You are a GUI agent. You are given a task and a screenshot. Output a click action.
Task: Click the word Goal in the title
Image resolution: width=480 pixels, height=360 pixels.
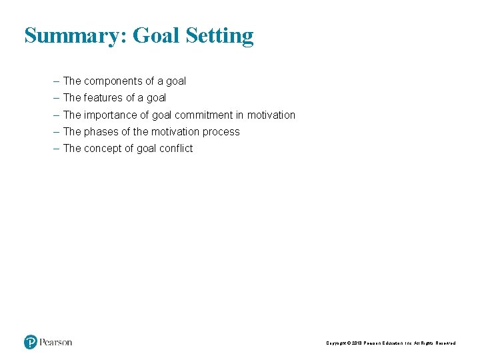pos(156,35)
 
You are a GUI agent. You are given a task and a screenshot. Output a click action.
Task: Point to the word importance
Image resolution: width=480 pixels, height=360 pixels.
pos(111,115)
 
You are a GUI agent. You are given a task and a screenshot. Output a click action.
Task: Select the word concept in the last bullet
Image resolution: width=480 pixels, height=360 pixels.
pos(103,149)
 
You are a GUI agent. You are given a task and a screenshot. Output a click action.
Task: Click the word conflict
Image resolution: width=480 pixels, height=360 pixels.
pos(175,148)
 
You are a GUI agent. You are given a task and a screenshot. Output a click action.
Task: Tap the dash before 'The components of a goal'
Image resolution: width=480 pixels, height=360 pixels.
pos(56,81)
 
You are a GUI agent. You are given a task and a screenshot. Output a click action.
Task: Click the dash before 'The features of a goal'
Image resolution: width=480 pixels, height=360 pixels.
pos(56,97)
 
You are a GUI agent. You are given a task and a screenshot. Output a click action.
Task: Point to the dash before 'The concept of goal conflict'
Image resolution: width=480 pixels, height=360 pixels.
pos(56,148)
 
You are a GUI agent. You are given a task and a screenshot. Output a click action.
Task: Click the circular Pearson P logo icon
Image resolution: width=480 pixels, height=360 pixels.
pos(31,342)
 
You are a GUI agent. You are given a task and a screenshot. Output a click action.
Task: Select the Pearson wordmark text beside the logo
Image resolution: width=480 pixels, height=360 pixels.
pos(56,343)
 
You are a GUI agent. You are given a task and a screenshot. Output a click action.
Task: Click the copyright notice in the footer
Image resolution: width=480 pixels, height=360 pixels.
pos(391,343)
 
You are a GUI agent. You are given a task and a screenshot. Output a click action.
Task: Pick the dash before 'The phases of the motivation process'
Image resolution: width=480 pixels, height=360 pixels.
pos(56,131)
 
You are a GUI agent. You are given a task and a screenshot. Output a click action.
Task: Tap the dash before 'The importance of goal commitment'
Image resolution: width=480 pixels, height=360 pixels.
pos(56,115)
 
